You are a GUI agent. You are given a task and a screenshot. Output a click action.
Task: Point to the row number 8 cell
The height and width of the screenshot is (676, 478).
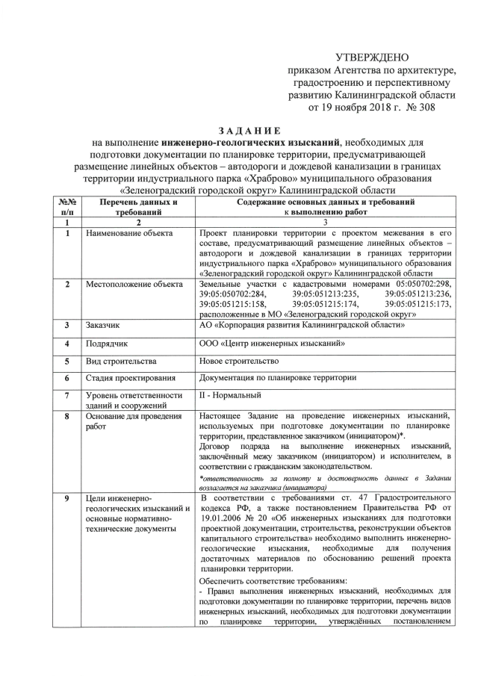point(67,416)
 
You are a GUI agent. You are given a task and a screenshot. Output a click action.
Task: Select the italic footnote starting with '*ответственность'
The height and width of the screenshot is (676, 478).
point(325,482)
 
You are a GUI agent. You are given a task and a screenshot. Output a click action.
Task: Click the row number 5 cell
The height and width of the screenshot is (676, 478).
point(67,361)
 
